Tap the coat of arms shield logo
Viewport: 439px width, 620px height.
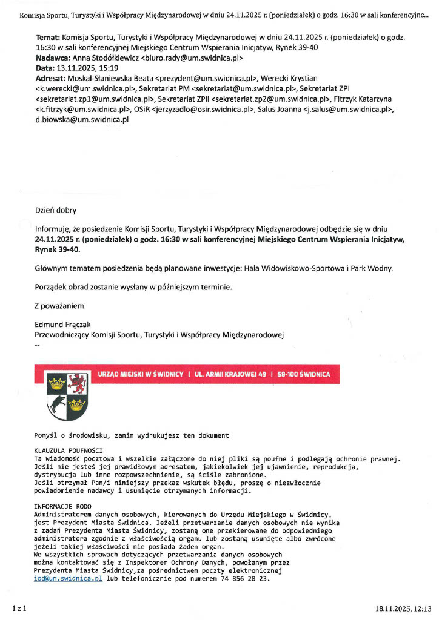[x=67, y=396]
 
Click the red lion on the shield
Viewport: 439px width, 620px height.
[x=78, y=383]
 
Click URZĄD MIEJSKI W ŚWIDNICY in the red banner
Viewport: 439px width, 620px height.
[x=140, y=375]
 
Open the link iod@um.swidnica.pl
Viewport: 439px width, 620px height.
[x=69, y=579]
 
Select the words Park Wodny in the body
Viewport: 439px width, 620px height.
[x=372, y=268]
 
